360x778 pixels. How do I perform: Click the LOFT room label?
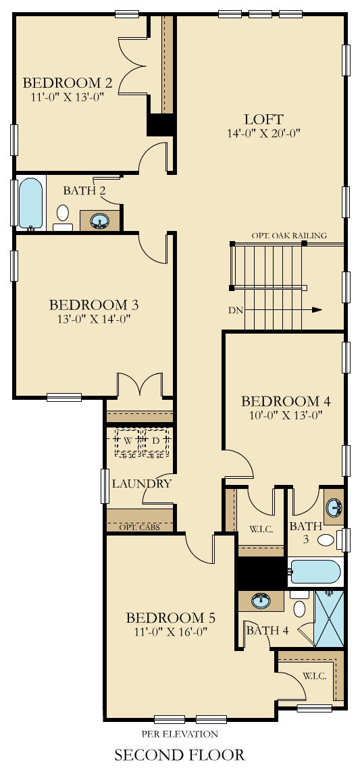[x=264, y=119]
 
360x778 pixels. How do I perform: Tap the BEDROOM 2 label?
[x=68, y=83]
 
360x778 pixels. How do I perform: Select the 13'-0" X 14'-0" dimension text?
[x=89, y=319]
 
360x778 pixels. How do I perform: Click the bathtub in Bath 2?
[x=29, y=203]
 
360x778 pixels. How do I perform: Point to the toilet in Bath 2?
[x=63, y=215]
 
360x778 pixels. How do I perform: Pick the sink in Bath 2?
[x=101, y=220]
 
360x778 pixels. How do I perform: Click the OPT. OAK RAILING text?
[x=289, y=236]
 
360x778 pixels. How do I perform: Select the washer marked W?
[x=128, y=441]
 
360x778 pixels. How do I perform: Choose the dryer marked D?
[x=155, y=441]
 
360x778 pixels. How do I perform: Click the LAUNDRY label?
[x=141, y=484]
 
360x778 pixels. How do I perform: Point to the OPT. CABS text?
[x=139, y=527]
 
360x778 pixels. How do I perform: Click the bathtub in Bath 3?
[x=315, y=572]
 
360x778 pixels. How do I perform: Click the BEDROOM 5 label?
[x=171, y=617]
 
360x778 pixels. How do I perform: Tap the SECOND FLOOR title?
[x=180, y=754]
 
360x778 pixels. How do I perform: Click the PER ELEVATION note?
[x=180, y=733]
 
